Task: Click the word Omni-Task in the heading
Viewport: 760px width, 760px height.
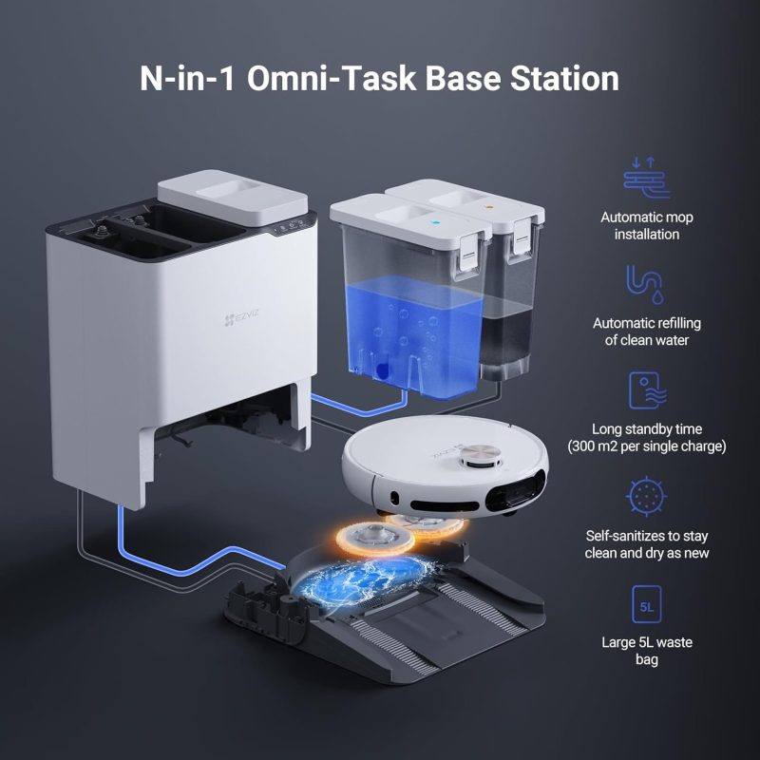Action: coord(331,79)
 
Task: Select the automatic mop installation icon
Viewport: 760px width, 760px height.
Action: coord(647,178)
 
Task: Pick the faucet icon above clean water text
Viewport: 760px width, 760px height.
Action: coord(645,284)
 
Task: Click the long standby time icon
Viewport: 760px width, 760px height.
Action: coord(647,390)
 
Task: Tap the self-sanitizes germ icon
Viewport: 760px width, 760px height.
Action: coord(646,495)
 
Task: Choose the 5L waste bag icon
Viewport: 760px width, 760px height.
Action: coord(647,604)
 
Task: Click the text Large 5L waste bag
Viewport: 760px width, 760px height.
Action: coord(647,651)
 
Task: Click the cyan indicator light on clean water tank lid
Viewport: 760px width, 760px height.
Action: coord(435,223)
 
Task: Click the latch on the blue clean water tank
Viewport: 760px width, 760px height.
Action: coord(469,250)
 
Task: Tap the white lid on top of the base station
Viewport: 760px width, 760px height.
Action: coord(233,197)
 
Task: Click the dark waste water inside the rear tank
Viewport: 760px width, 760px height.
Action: coord(505,338)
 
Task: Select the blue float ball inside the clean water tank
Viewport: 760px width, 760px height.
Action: coord(382,370)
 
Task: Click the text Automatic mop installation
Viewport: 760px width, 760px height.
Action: coord(647,226)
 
